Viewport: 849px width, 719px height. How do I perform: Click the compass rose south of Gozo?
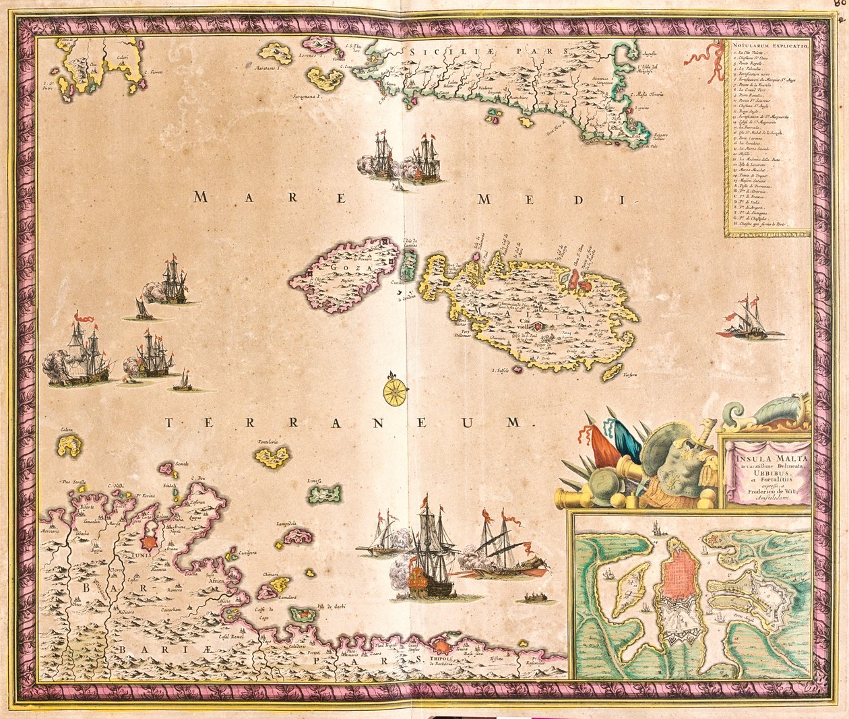point(396,392)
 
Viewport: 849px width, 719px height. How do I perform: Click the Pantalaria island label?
point(268,442)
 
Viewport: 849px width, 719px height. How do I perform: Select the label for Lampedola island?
point(286,523)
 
